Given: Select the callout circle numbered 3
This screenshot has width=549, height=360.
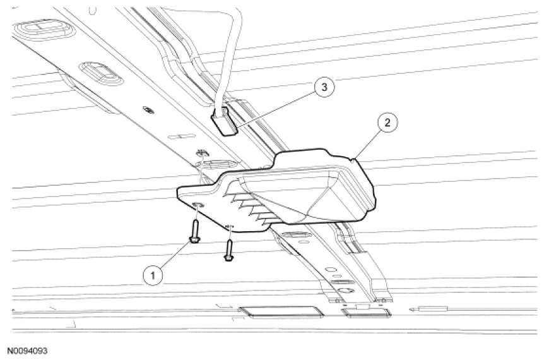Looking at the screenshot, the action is pyautogui.click(x=323, y=88).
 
